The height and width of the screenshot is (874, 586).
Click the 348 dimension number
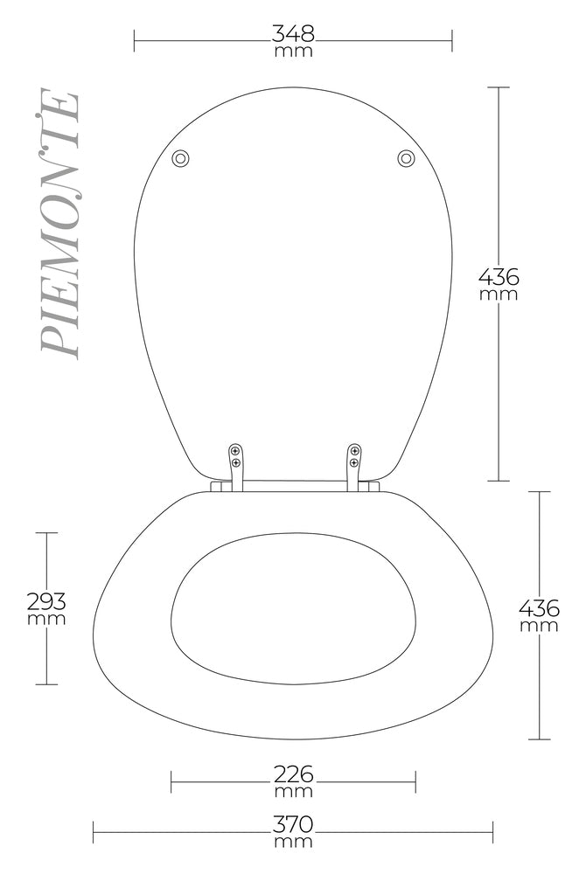coord(292,34)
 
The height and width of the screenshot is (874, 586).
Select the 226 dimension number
coord(293,774)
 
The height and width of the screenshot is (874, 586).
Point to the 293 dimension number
coord(46,601)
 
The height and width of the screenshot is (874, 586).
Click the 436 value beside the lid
coord(499,277)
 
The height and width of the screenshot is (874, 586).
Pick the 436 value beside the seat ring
coord(539,607)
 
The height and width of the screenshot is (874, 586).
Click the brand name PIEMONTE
coord(61,223)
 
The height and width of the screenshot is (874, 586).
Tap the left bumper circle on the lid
coord(181,158)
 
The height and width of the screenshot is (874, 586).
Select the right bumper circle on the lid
coord(406,158)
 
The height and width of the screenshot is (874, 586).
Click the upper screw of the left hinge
coord(235,450)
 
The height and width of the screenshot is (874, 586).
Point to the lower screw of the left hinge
coord(235,462)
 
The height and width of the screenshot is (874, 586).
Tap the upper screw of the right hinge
coord(354,450)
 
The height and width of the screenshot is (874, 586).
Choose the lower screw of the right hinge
coord(354,462)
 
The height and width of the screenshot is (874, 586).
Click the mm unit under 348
coord(292,51)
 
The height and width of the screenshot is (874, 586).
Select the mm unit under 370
coord(292,843)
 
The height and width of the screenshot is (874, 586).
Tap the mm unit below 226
coord(293,792)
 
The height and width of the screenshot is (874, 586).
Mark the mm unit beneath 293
coord(46,619)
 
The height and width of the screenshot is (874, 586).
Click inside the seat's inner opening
coord(293,607)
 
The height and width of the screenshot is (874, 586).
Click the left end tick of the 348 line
coord(134,40)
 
